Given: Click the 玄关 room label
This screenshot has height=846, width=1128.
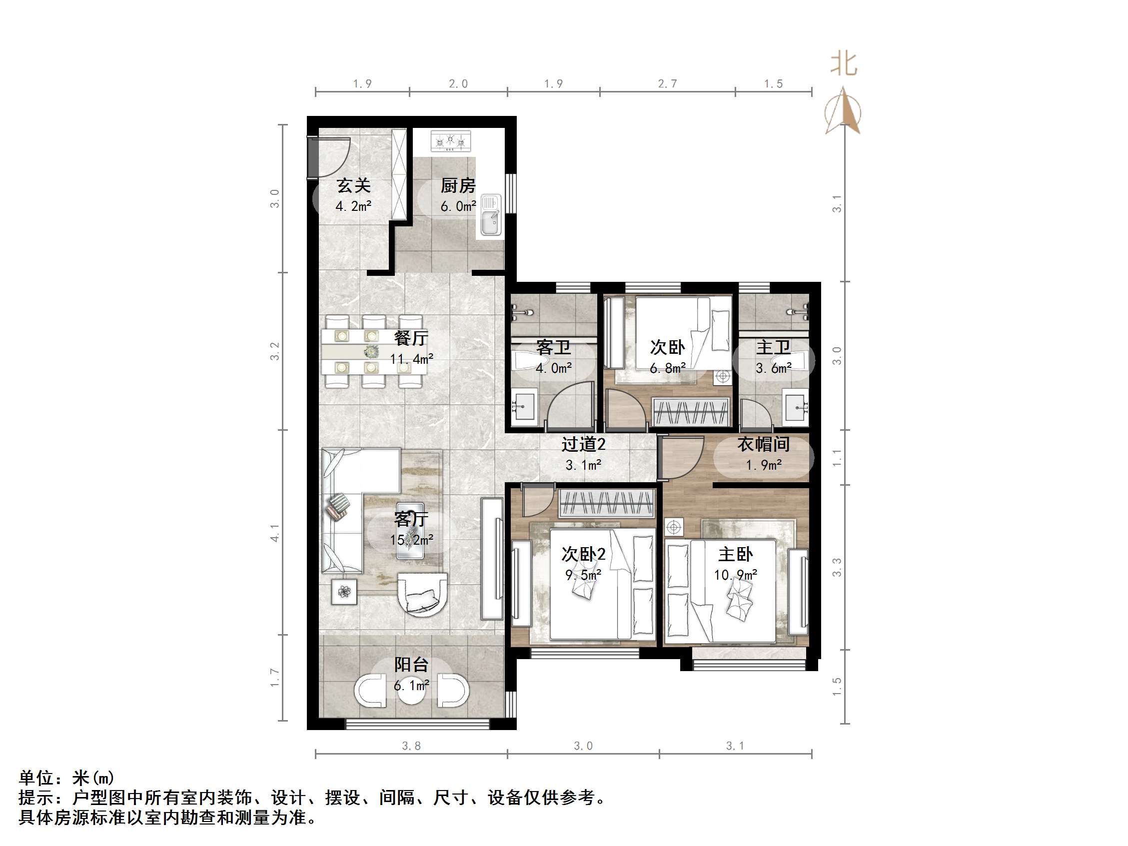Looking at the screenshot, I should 353,185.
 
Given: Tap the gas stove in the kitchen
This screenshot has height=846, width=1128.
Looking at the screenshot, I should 450,141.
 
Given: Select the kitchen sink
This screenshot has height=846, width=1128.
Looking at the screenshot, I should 491,216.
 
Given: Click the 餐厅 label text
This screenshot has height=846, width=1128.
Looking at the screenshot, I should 410,338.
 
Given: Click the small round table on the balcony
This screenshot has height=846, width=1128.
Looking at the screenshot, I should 411,691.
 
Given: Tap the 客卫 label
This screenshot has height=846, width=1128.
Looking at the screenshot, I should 553,348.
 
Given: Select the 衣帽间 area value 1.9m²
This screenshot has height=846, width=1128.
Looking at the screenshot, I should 763,465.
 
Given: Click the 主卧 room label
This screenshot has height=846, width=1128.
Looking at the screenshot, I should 735,554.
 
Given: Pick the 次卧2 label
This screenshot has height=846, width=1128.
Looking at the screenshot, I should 583,554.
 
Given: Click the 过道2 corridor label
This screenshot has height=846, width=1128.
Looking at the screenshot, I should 583,445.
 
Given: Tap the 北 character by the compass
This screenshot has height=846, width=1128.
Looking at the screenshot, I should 844,64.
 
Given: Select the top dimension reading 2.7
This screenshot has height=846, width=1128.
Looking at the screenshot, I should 667,83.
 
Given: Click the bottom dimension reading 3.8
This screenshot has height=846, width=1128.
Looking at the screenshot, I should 411,746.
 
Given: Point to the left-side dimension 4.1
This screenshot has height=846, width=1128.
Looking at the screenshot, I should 275,533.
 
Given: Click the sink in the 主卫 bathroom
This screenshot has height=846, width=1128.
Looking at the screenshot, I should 796,407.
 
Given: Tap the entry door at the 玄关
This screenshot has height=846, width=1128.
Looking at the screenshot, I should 312,157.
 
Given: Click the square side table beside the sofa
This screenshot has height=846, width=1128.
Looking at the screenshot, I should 344,592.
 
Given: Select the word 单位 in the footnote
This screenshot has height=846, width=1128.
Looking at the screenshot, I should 35,778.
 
